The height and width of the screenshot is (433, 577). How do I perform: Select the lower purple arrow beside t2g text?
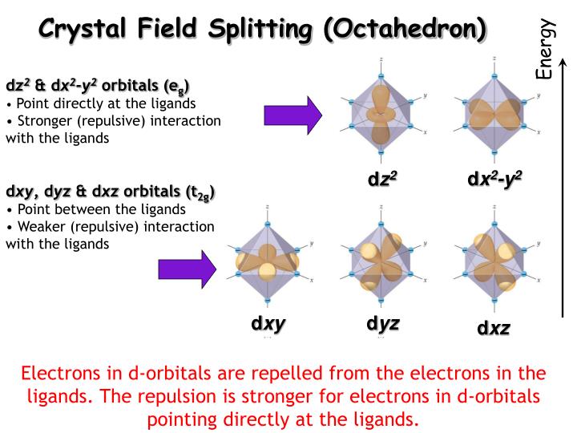(x=188, y=268)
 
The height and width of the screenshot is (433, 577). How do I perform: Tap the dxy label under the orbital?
(x=268, y=324)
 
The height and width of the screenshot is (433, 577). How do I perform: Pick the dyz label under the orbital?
(x=382, y=324)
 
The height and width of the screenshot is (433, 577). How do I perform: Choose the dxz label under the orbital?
(x=494, y=328)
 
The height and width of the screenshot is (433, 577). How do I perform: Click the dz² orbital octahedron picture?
(x=381, y=112)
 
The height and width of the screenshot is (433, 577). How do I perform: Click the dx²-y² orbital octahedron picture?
(x=494, y=112)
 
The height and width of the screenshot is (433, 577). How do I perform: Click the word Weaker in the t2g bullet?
(x=40, y=227)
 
